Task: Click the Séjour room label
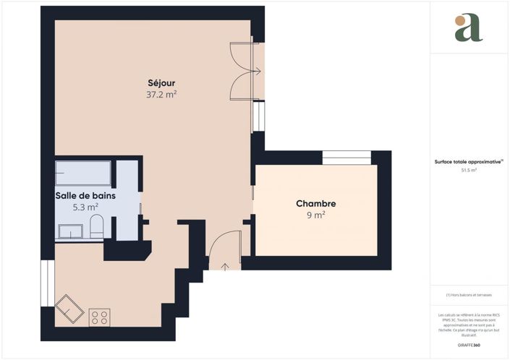click(x=161, y=82)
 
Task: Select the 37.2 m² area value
click(x=161, y=94)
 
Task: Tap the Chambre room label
click(x=315, y=204)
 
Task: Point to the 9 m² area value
click(x=315, y=215)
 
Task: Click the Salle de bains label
click(x=85, y=195)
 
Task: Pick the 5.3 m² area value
click(x=85, y=207)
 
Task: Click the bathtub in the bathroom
click(x=83, y=173)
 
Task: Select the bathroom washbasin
click(x=70, y=231)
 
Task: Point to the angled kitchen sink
click(x=69, y=310)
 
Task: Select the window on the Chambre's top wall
click(x=346, y=158)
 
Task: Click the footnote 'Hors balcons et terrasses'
click(x=468, y=295)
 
